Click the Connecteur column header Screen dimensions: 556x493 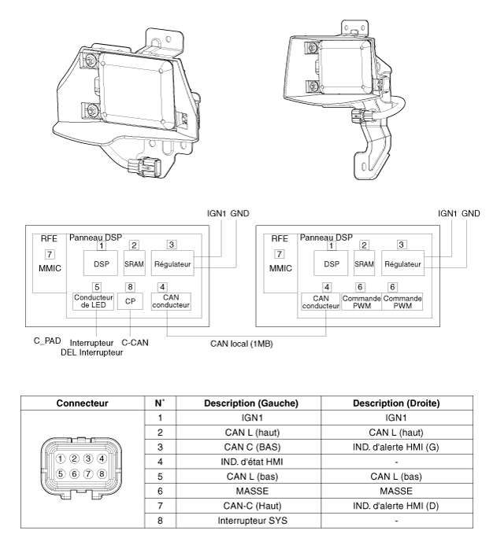(x=82, y=401)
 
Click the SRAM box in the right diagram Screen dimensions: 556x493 (x=363, y=265)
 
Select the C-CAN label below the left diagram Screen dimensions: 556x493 (x=136, y=343)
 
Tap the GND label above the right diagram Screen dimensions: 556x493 (x=470, y=213)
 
